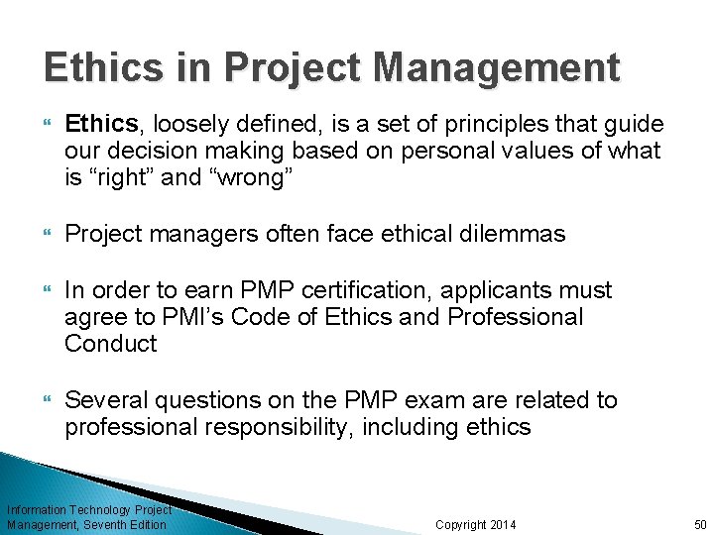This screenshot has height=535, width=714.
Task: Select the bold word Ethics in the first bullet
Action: pos(101,123)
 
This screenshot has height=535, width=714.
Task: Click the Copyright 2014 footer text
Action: pos(476,524)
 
